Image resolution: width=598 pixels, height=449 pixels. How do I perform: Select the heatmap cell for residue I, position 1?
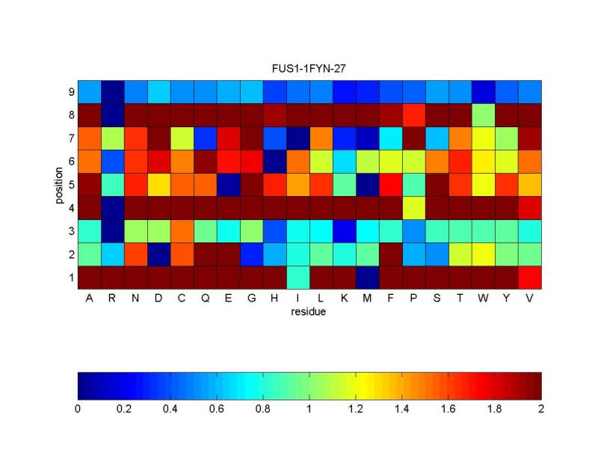point(298,278)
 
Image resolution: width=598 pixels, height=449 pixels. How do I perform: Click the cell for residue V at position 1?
point(530,278)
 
